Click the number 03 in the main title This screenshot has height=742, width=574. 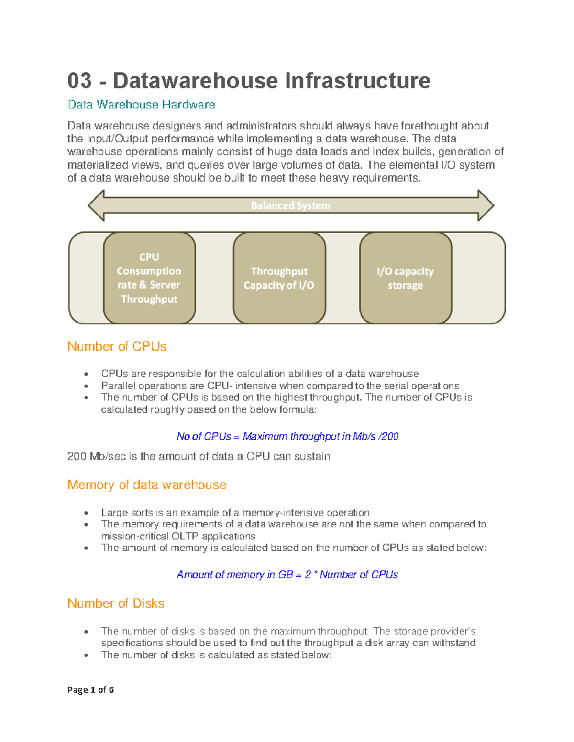click(x=79, y=80)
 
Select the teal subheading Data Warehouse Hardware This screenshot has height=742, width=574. click(x=141, y=105)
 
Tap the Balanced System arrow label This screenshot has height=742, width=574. click(x=290, y=205)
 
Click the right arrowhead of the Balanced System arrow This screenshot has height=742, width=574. click(x=486, y=205)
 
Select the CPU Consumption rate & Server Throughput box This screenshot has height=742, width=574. click(x=149, y=278)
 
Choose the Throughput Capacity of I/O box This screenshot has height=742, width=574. click(x=279, y=278)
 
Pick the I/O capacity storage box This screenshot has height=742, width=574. click(x=405, y=278)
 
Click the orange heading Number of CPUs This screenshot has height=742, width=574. click(x=117, y=346)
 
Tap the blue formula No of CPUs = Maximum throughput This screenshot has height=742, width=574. click(x=287, y=436)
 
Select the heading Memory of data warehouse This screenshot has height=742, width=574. click(x=147, y=485)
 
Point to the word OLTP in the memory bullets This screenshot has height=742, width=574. click(x=185, y=536)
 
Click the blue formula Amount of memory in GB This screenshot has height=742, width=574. click(x=287, y=574)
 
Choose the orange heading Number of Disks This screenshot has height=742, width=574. click(x=116, y=603)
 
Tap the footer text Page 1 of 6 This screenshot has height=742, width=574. click(x=90, y=689)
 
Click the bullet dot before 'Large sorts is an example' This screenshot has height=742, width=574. click(x=86, y=513)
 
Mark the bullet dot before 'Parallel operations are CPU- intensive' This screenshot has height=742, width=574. click(x=86, y=386)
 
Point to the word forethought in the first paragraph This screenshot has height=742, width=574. click(x=430, y=126)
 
